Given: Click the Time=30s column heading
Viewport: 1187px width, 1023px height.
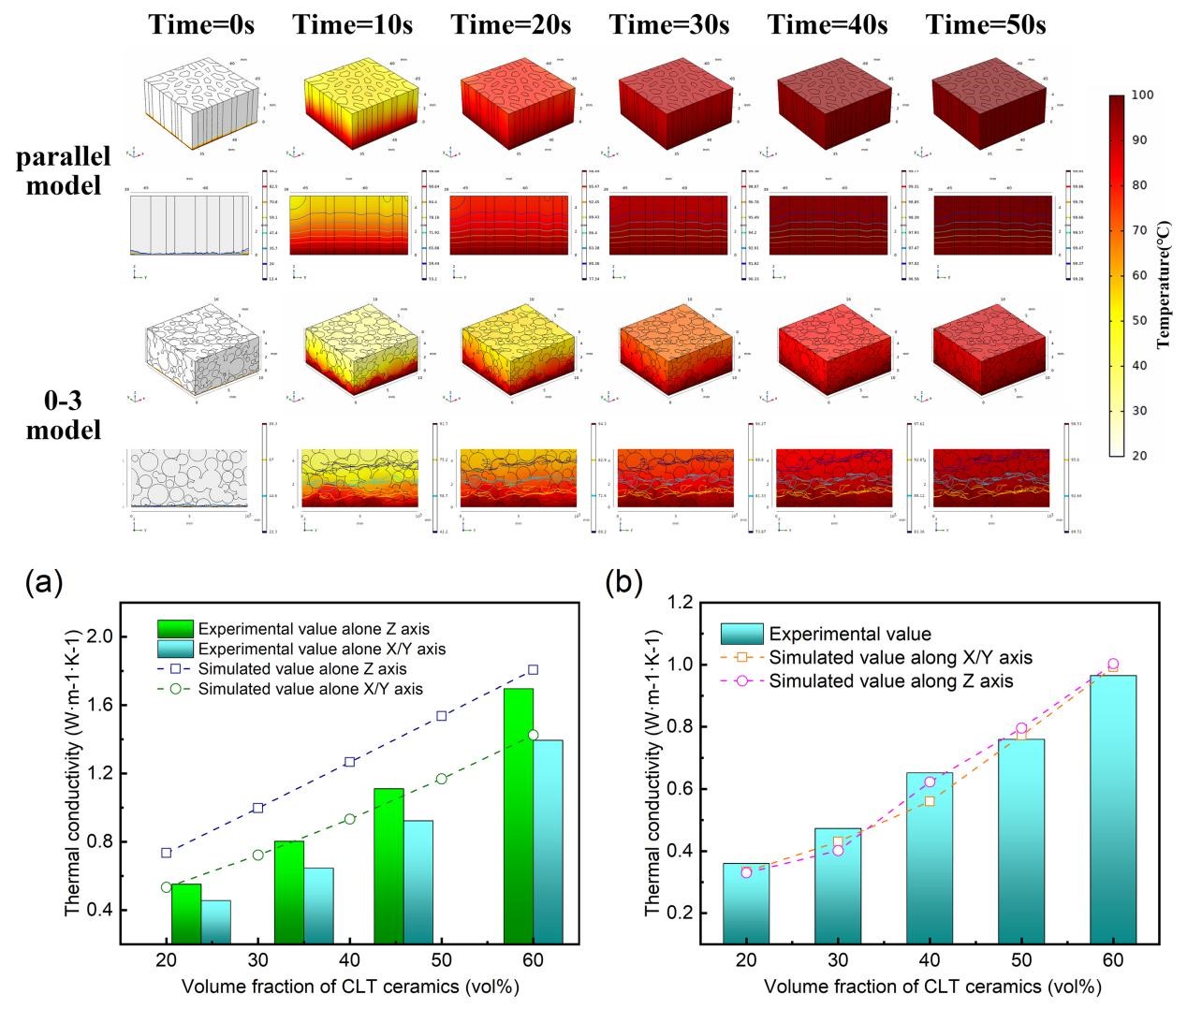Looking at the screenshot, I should pyautogui.click(x=668, y=25).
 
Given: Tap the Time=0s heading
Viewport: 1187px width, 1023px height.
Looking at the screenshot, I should pyautogui.click(x=201, y=25).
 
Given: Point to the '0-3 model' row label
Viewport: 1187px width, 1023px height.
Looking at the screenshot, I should pyautogui.click(x=63, y=417).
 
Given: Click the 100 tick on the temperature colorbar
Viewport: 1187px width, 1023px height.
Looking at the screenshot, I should pyautogui.click(x=1142, y=95).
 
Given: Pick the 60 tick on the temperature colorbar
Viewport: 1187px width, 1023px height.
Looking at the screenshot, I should pyautogui.click(x=1142, y=275).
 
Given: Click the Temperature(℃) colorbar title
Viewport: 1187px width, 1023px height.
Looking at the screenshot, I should pyautogui.click(x=1165, y=275).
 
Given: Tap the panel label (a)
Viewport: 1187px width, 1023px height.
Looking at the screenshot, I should pyautogui.click(x=44, y=583).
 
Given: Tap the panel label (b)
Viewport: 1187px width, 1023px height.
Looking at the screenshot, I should pyautogui.click(x=624, y=583).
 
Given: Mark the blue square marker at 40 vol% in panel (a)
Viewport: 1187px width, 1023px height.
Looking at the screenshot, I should pyautogui.click(x=349, y=762).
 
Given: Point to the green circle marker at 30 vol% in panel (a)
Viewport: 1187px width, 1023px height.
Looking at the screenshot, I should pyautogui.click(x=258, y=855).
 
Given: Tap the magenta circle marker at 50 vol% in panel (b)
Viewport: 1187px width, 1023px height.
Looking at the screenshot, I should pyautogui.click(x=1021, y=728).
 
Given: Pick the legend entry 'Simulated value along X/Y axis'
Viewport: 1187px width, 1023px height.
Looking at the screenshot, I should pyautogui.click(x=901, y=658).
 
